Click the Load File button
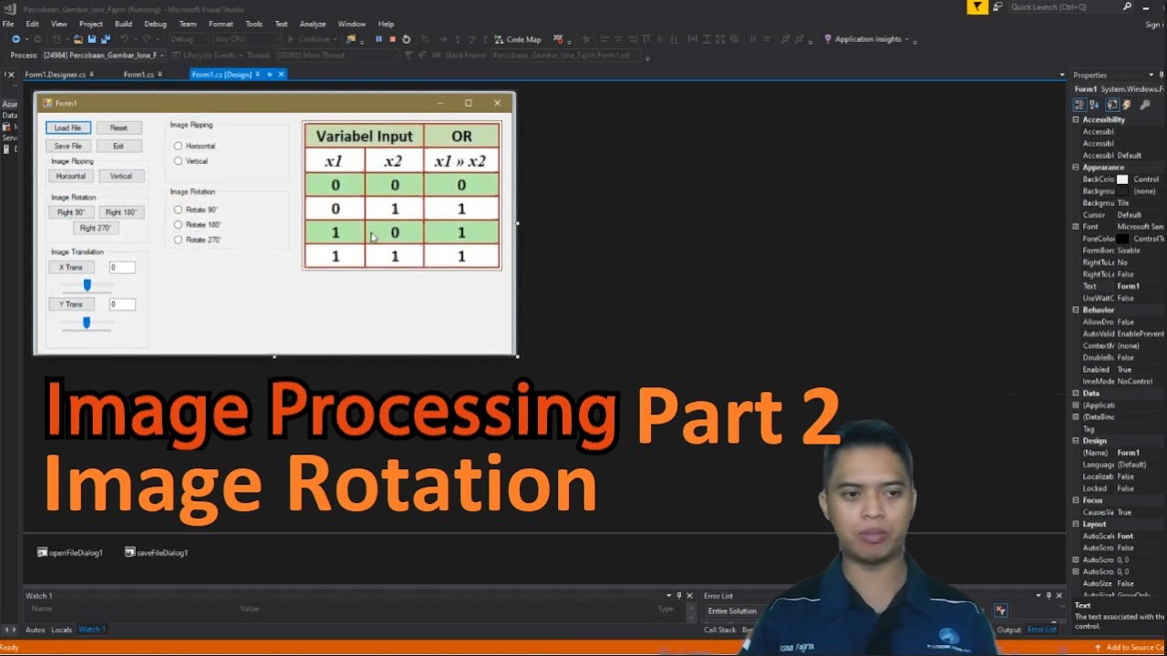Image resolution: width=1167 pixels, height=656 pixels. click(68, 128)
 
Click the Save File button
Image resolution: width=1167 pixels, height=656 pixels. click(68, 146)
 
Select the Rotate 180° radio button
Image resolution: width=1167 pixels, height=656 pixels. click(178, 225)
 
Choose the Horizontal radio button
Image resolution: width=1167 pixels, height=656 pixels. click(178, 146)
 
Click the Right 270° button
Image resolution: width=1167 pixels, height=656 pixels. click(95, 228)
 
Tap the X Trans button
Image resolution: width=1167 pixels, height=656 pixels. click(71, 268)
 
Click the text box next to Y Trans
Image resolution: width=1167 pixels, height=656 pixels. click(122, 304)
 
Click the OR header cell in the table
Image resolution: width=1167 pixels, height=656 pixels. click(461, 137)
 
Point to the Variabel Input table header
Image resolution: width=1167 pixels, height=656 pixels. click(364, 137)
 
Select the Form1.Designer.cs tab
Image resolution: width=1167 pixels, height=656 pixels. click(56, 75)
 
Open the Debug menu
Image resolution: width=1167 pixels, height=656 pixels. click(155, 24)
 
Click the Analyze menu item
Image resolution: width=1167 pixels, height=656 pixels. click(313, 24)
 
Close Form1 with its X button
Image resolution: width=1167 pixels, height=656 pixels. click(497, 103)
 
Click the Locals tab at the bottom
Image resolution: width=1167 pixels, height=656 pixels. click(62, 630)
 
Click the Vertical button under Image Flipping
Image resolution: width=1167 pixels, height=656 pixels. click(121, 176)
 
